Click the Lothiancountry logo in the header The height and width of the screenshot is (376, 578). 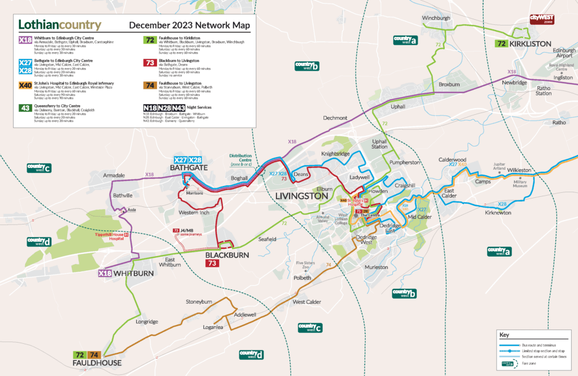(x=60, y=25)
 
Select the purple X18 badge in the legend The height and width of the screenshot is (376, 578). (x=25, y=40)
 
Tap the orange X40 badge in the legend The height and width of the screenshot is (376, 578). (x=25, y=85)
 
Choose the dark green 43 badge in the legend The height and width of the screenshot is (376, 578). (x=25, y=107)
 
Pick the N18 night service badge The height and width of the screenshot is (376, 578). (x=150, y=107)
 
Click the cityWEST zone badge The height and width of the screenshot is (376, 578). (x=541, y=19)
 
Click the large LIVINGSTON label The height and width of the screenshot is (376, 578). (x=301, y=196)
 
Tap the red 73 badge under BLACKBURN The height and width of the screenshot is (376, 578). (x=212, y=263)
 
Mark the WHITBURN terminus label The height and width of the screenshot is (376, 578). (x=134, y=274)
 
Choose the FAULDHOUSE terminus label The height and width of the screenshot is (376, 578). (x=97, y=363)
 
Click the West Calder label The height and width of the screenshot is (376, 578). (x=306, y=302)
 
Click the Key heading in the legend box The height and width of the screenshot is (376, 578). (x=504, y=335)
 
